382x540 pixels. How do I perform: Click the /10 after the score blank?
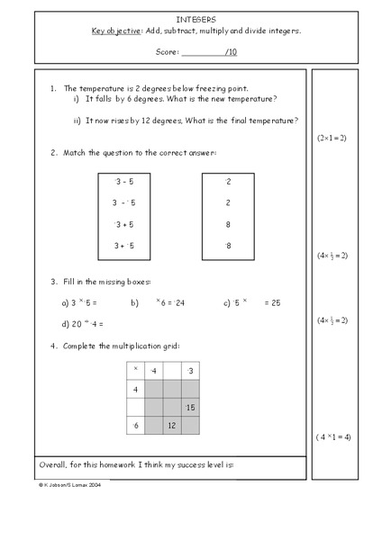pos(231,52)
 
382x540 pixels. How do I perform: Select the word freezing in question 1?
pos(201,88)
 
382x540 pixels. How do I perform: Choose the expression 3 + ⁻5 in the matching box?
pos(123,245)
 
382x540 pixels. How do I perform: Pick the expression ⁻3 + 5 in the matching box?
pos(123,224)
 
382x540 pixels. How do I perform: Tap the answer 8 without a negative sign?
pos(229,224)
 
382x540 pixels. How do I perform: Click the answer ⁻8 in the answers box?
pos(228,245)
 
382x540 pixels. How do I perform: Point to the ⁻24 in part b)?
pos(175,303)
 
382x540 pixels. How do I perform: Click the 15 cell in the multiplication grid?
pos(190,407)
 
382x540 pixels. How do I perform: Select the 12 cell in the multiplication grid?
pos(171,425)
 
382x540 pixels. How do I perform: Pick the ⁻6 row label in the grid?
pos(135,425)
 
